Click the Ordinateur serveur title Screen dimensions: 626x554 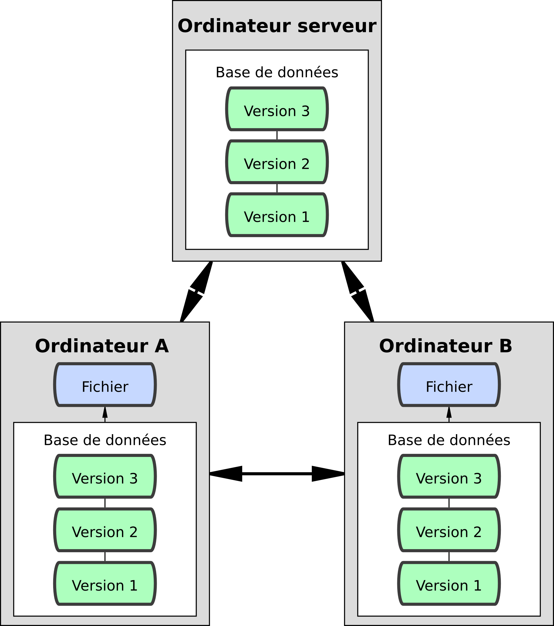click(277, 26)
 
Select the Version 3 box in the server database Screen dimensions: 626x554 click(277, 109)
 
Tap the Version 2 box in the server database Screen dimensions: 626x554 click(277, 162)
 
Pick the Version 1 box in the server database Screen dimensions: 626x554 click(277, 215)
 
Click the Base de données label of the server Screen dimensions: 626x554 click(277, 73)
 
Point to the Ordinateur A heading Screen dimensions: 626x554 click(102, 346)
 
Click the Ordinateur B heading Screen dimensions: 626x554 click(446, 346)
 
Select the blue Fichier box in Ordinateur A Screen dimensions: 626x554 click(105, 385)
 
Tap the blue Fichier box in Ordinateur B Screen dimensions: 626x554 click(449, 385)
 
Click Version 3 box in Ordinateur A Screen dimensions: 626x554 click(105, 477)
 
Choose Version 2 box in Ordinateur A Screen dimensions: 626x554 click(105, 530)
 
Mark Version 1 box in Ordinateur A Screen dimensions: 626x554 click(105, 584)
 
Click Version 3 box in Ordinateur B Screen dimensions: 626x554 click(449, 477)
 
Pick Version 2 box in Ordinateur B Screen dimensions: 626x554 click(449, 530)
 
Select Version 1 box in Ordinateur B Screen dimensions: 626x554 click(449, 584)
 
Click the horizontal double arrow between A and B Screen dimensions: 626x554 click(277, 474)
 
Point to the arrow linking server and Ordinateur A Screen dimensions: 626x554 click(196, 291)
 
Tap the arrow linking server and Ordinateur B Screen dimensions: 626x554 click(358, 291)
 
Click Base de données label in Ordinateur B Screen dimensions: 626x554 click(449, 440)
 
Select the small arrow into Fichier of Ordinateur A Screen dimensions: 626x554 click(105, 414)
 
